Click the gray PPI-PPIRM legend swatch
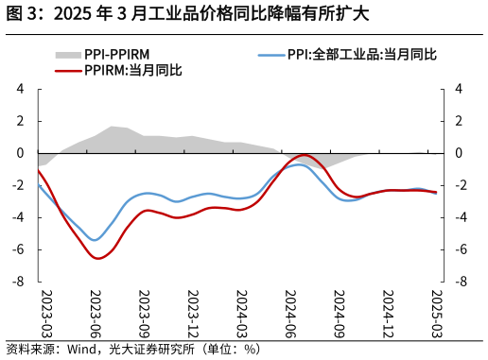click(69, 55)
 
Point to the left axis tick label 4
click(20, 89)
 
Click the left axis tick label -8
click(17, 282)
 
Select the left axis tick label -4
click(17, 217)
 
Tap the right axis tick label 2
click(459, 121)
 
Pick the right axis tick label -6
click(461, 249)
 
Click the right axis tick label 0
click(459, 153)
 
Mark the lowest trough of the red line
click(98, 258)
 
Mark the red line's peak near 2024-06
click(304, 155)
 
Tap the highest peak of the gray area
click(112, 126)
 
